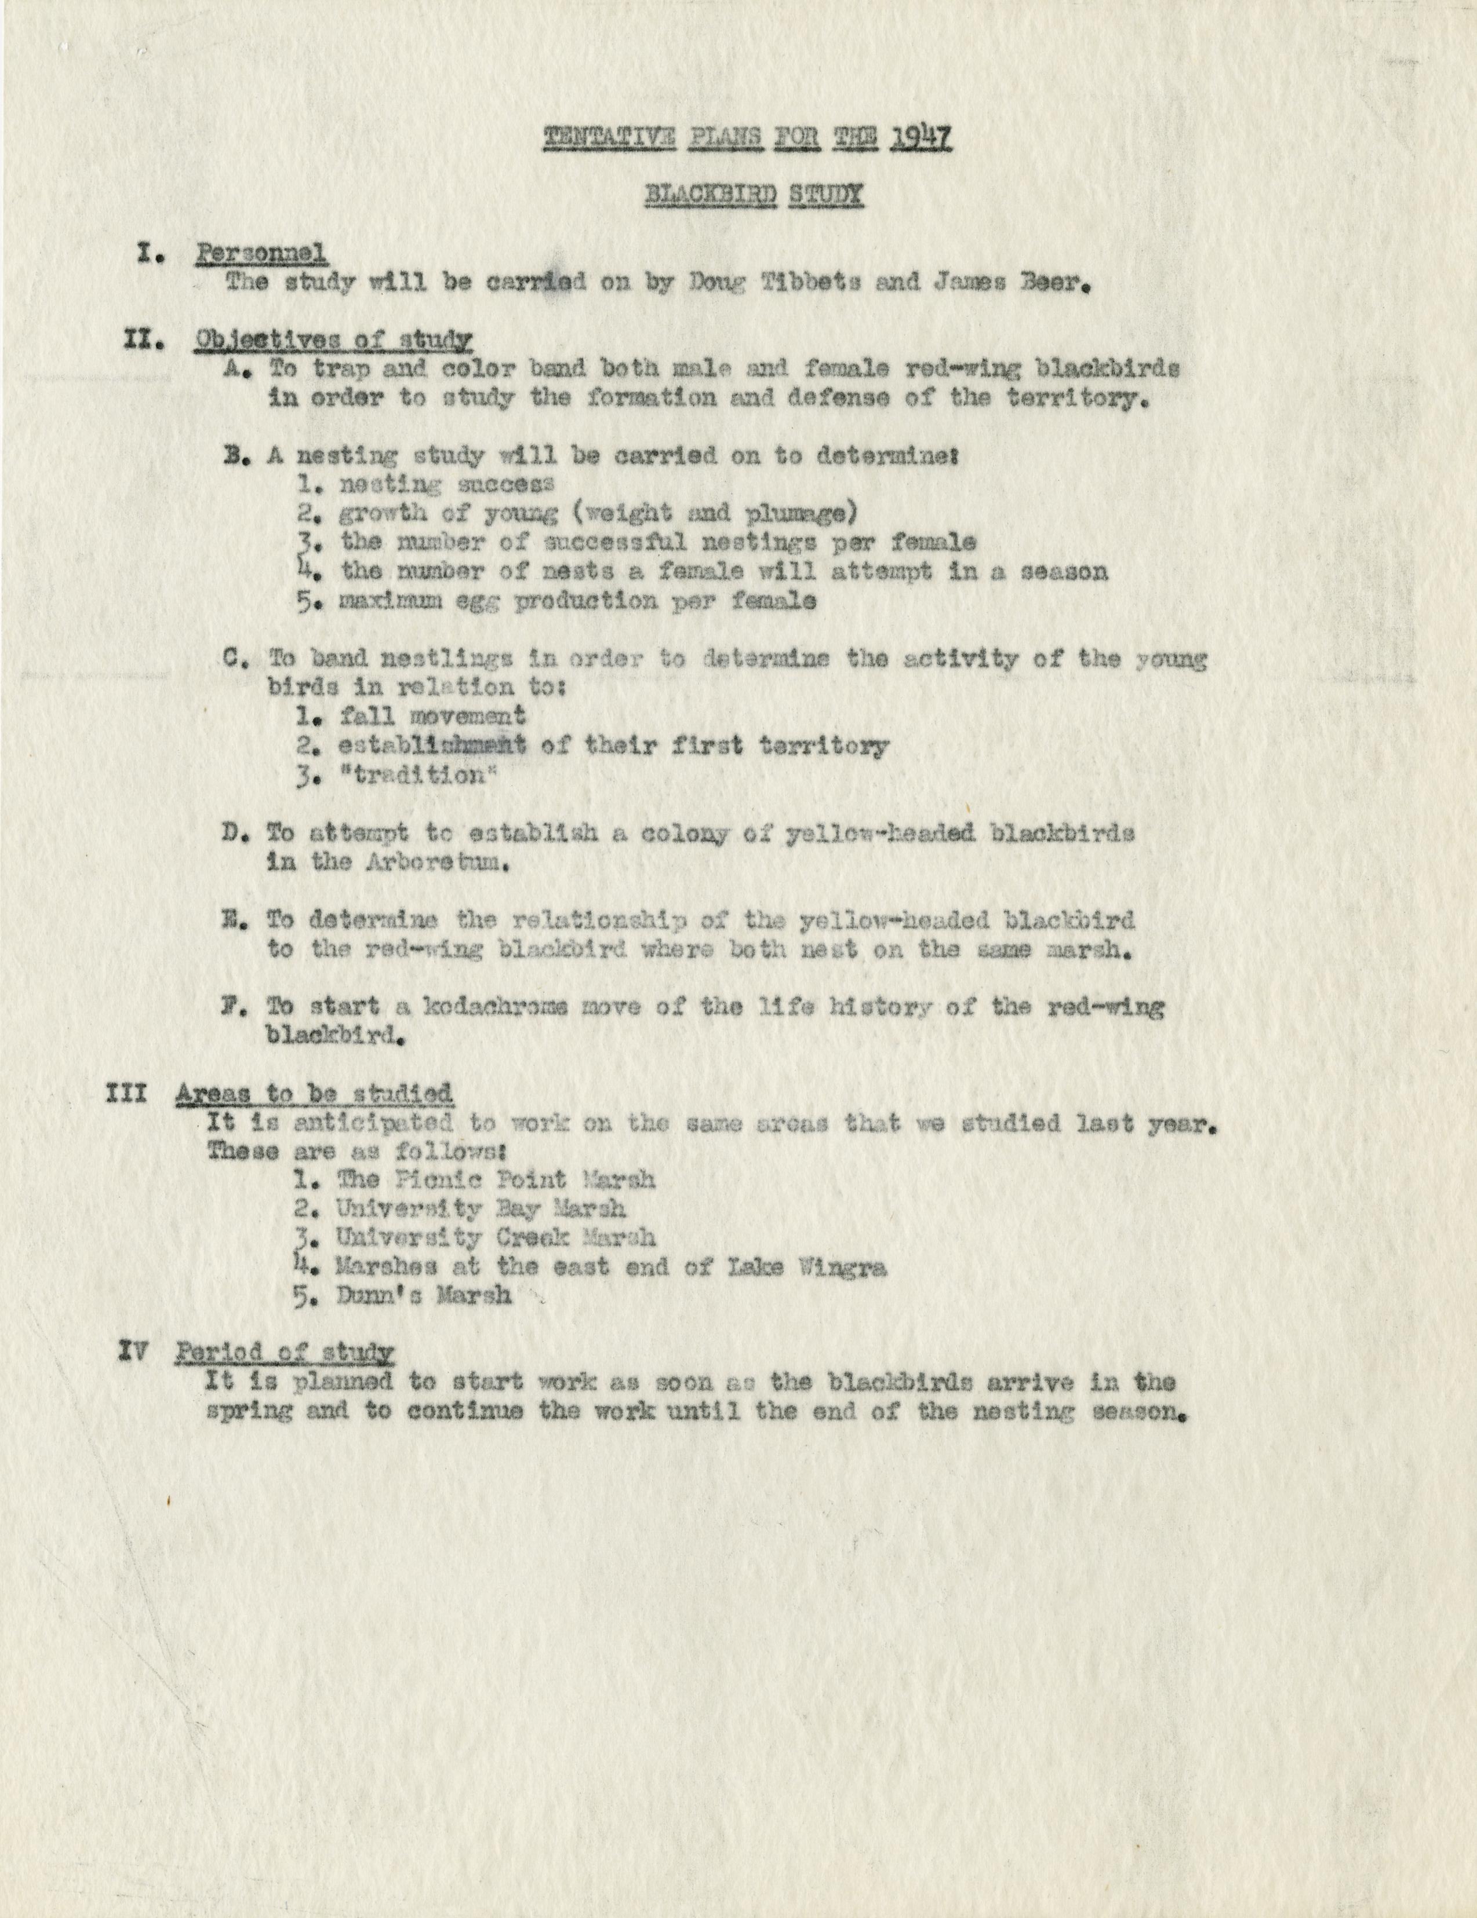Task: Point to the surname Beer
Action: point(1053,284)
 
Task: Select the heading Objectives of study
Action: point(333,340)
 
